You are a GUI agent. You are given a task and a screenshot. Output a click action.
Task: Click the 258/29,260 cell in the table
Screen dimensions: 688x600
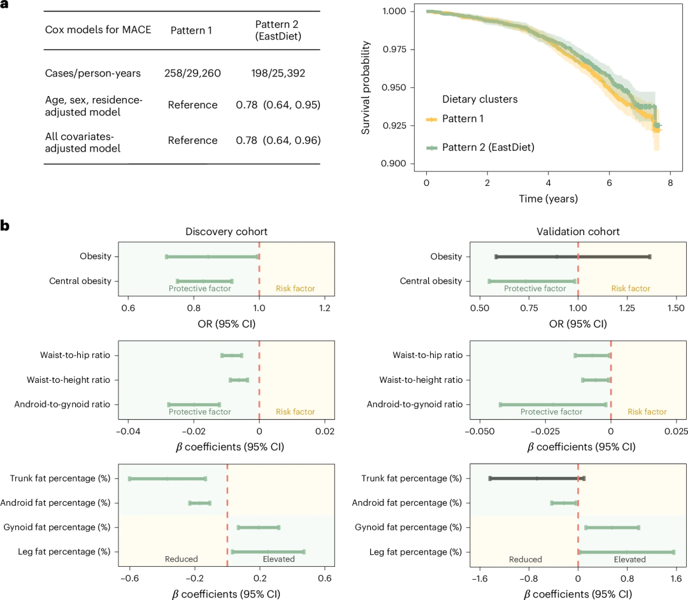(x=192, y=73)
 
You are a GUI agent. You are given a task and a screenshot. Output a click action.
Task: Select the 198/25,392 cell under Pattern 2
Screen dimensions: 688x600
(x=278, y=73)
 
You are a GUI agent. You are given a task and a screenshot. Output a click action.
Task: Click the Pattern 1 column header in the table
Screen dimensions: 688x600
(x=191, y=31)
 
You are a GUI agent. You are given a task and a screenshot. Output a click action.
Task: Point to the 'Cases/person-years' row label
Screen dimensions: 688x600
(x=92, y=73)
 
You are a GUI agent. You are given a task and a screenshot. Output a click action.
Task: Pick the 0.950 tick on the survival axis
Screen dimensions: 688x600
(x=394, y=87)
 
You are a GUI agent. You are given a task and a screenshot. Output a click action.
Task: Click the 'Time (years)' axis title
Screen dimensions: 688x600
(x=548, y=199)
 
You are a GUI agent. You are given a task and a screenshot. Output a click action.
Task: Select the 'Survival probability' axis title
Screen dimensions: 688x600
(x=365, y=88)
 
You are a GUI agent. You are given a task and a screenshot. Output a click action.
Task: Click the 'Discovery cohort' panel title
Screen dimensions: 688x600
(x=226, y=232)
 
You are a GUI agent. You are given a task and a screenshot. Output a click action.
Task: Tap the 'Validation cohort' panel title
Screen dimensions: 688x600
(x=578, y=232)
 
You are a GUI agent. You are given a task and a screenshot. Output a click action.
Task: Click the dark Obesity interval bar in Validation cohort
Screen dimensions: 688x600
(x=573, y=257)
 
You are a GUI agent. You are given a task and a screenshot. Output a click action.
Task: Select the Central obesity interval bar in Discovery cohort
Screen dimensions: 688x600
(x=204, y=281)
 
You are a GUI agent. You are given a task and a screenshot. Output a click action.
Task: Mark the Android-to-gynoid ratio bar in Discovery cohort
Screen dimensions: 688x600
(x=194, y=404)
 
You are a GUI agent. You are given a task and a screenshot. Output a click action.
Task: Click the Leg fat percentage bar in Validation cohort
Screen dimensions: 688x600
(x=626, y=552)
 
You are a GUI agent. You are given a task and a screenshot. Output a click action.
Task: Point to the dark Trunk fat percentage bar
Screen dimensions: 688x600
(x=537, y=478)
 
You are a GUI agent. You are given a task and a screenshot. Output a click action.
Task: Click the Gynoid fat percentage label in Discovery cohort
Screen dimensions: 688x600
(x=57, y=527)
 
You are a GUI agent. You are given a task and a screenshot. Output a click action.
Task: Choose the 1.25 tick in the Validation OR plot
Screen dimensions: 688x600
(x=627, y=308)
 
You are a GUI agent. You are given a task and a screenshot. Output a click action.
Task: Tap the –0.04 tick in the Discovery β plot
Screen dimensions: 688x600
(x=128, y=432)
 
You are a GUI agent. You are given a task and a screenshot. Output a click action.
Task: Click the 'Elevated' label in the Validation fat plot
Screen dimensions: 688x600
(x=629, y=559)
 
